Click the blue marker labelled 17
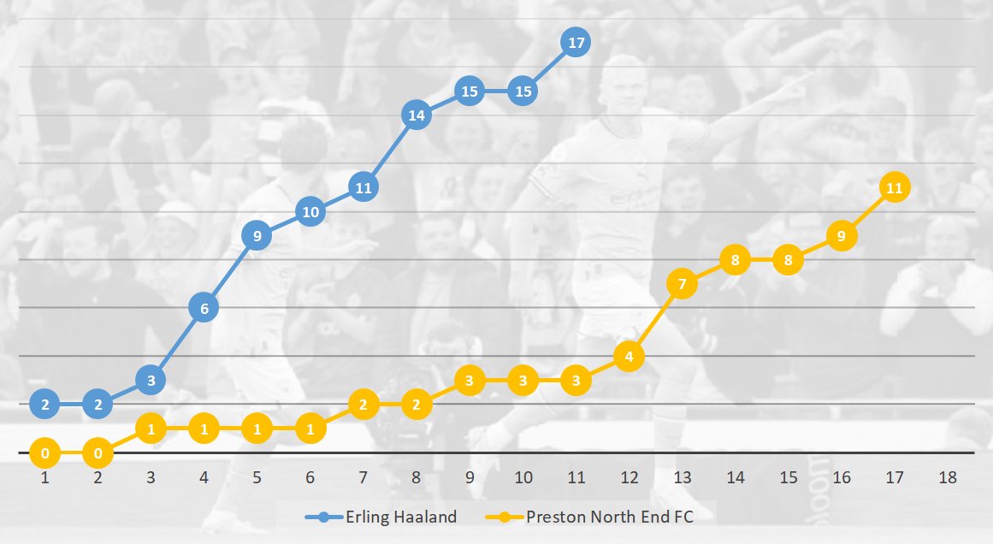[576, 42]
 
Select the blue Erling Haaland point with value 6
[204, 307]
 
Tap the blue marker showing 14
[417, 115]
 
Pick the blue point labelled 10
[310, 211]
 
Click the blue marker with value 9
[257, 235]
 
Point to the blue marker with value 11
[363, 186]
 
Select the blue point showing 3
[151, 380]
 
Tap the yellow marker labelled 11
[895, 187]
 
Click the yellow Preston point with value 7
[682, 283]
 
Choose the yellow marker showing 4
[629, 356]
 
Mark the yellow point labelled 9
[842, 235]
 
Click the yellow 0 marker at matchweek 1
[44, 452]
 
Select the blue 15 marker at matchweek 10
[523, 91]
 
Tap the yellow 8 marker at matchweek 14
[735, 259]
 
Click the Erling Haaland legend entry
[382, 517]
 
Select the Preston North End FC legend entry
[599, 517]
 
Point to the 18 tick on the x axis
[948, 476]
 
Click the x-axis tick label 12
[629, 476]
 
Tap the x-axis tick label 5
[257, 476]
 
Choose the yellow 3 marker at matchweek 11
[576, 380]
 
